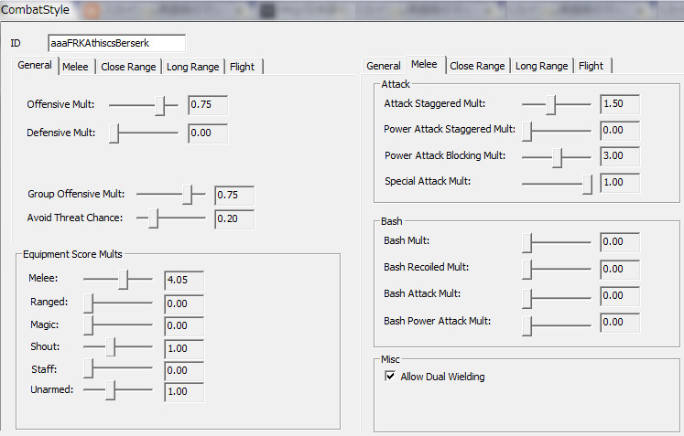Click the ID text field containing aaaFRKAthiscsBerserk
(x=116, y=43)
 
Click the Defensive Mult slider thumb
(x=114, y=133)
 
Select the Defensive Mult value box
(x=207, y=133)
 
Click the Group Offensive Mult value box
(x=233, y=195)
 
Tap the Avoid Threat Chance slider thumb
(x=154, y=218)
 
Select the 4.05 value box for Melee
(x=183, y=281)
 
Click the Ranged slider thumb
(x=89, y=303)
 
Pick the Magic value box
(x=183, y=325)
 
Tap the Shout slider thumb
(x=111, y=347)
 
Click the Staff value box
(x=183, y=370)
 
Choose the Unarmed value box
(x=183, y=392)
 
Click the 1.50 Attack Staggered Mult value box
(x=619, y=103)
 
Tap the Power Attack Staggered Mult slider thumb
(x=527, y=130)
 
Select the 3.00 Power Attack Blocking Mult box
(x=619, y=156)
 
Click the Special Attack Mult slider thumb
(x=587, y=183)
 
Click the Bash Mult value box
(x=619, y=241)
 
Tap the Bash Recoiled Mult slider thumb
(x=527, y=269)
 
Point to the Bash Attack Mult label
(x=422, y=294)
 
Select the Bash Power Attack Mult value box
(x=619, y=322)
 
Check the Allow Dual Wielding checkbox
(x=390, y=377)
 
